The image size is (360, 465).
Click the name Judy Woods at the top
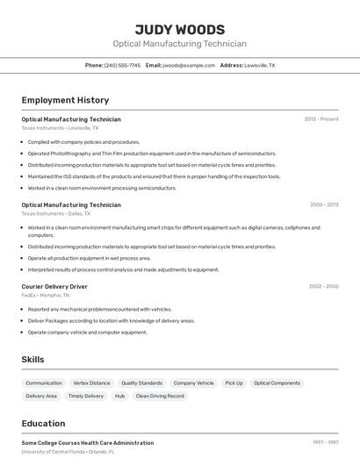(x=180, y=29)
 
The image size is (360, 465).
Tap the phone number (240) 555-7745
(x=122, y=66)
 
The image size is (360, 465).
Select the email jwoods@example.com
(x=189, y=66)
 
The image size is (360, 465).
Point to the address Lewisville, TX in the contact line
(x=259, y=66)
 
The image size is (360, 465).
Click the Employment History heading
(x=65, y=100)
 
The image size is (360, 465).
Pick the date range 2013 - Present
(x=321, y=119)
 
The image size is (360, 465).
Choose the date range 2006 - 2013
(x=324, y=204)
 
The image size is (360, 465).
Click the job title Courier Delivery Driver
(x=54, y=286)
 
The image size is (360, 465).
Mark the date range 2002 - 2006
(x=323, y=286)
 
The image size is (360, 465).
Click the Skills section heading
(x=32, y=360)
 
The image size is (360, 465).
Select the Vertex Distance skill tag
(x=91, y=383)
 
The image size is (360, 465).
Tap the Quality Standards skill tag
(x=141, y=383)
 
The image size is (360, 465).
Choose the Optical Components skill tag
(x=277, y=383)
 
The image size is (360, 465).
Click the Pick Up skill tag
(x=234, y=383)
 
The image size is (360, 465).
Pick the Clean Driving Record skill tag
(x=160, y=397)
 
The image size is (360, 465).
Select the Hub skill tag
(x=119, y=397)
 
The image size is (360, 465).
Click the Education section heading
(x=43, y=423)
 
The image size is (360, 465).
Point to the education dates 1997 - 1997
(x=325, y=443)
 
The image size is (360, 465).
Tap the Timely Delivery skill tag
(x=85, y=397)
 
